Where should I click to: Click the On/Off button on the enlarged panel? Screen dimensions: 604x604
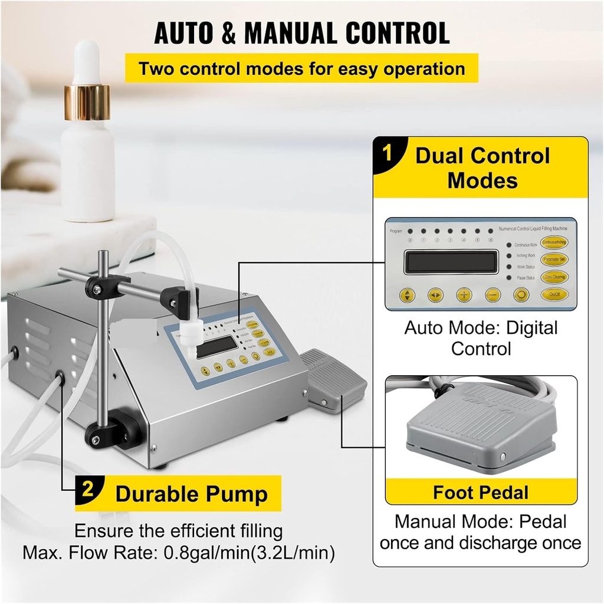(x=554, y=294)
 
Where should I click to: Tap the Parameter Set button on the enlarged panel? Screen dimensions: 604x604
(x=554, y=259)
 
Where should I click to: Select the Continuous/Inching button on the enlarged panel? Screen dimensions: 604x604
(x=554, y=242)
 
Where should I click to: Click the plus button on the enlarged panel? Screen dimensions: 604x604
(x=464, y=295)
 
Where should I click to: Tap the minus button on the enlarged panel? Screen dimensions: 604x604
(x=493, y=295)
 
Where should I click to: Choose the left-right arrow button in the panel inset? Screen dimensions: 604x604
(x=435, y=295)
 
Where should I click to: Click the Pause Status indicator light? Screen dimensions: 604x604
(x=509, y=277)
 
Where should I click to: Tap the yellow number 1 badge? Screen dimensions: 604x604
(x=387, y=155)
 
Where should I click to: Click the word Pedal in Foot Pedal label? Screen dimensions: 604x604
(x=502, y=493)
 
